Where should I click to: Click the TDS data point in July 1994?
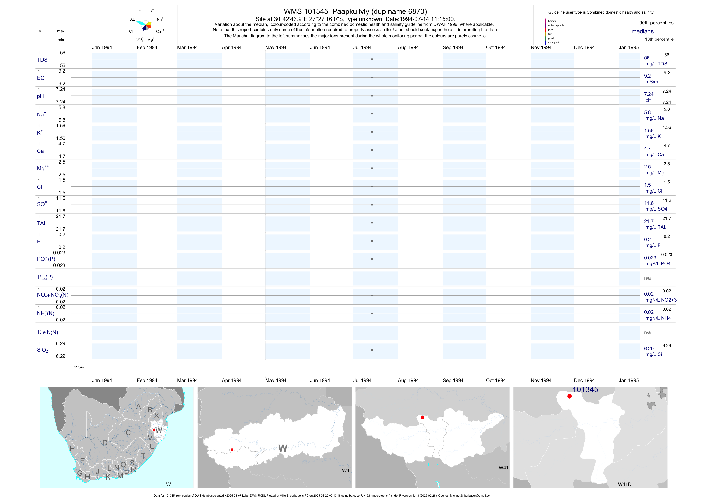pyautogui.click(x=372, y=59)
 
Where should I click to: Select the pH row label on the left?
pyautogui.click(x=40, y=96)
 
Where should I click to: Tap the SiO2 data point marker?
pyautogui.click(x=372, y=350)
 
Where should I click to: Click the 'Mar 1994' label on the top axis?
pyautogui.click(x=187, y=47)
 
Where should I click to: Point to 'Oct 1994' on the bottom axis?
pyautogui.click(x=495, y=380)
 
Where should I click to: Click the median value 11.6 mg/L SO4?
pyautogui.click(x=649, y=203)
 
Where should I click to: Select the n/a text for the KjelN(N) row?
pyautogui.click(x=647, y=332)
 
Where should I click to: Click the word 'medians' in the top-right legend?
pyautogui.click(x=643, y=31)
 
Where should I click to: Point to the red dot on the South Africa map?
pyautogui.click(x=154, y=430)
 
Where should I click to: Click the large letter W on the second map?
pyautogui.click(x=282, y=448)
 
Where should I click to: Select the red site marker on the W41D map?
pyautogui.click(x=569, y=396)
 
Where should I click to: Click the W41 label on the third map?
pyautogui.click(x=503, y=467)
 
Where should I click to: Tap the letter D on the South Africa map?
pyautogui.click(x=105, y=443)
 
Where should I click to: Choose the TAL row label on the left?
pyautogui.click(x=42, y=223)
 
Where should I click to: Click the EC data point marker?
pyautogui.click(x=372, y=77)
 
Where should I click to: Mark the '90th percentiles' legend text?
pyautogui.click(x=656, y=23)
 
